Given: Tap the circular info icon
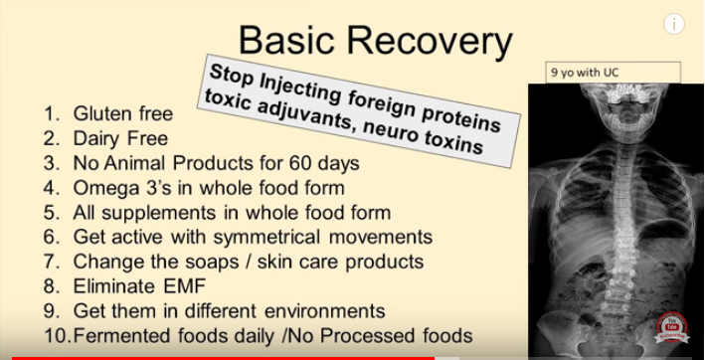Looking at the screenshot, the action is [673, 24].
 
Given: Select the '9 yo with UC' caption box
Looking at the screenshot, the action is [614, 73].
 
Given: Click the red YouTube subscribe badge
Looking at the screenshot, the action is [672, 327].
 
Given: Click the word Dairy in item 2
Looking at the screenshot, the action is [94, 138].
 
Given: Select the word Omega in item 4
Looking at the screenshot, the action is [100, 188].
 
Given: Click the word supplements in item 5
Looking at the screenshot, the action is [160, 213].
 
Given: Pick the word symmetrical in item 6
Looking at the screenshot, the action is [267, 237].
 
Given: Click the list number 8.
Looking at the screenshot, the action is [49, 286].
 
